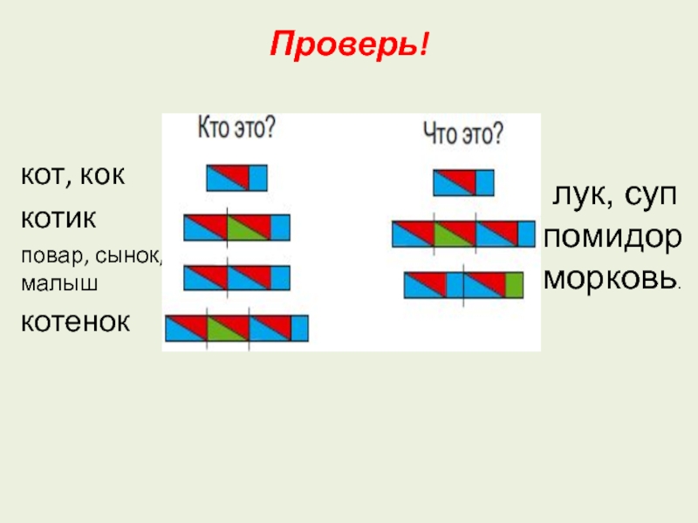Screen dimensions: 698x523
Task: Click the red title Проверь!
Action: (350, 42)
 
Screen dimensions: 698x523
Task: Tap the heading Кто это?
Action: (238, 128)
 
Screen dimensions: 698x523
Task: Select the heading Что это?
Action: (462, 132)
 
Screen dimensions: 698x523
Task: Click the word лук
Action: (574, 195)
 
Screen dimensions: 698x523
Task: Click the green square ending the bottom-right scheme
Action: (514, 285)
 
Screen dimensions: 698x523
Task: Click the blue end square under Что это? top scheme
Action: (485, 182)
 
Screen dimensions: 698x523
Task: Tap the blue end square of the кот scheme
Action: (258, 178)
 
